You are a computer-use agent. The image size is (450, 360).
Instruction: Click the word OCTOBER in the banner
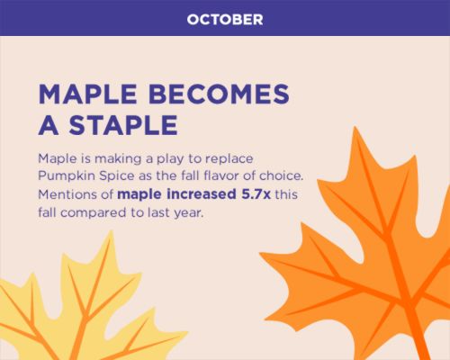point(225,20)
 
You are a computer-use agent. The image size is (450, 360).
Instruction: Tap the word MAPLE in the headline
point(88,94)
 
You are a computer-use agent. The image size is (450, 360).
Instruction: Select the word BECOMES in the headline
point(219,94)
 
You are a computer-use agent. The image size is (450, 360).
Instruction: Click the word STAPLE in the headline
point(123,125)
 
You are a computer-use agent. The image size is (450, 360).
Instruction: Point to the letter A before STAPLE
point(49,125)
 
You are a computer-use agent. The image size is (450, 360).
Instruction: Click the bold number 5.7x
point(256,194)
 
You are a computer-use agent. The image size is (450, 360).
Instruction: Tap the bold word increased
point(202,194)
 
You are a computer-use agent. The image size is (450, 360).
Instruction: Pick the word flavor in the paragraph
point(221,175)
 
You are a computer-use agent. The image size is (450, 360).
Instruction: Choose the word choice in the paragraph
point(281,175)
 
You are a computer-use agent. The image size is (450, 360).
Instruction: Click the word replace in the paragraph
point(229,159)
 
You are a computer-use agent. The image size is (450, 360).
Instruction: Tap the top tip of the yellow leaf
point(112,231)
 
